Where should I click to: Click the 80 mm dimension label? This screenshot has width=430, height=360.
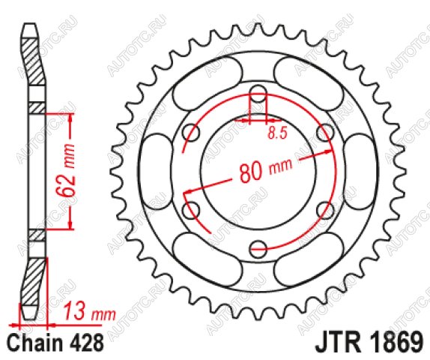click(x=265, y=171)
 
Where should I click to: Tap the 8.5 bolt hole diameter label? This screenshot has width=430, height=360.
click(x=277, y=133)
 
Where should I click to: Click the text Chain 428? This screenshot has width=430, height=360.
click(x=55, y=343)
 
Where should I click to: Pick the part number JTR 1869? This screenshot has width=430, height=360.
click(x=369, y=343)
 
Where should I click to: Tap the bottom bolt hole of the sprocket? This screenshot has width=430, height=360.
click(x=258, y=249)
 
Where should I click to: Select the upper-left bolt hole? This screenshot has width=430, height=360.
click(x=191, y=133)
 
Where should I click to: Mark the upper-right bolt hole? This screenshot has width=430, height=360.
click(x=326, y=133)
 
